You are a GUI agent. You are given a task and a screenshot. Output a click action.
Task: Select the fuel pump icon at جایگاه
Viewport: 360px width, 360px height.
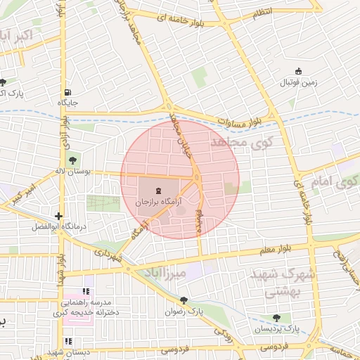coord(67,92)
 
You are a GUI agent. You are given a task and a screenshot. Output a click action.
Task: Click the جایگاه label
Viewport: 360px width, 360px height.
coord(68,103)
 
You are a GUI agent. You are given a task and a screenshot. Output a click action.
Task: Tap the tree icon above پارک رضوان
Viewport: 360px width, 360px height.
coord(190,299)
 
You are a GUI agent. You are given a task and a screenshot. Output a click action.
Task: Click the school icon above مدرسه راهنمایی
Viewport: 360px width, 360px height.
coord(86,291)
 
